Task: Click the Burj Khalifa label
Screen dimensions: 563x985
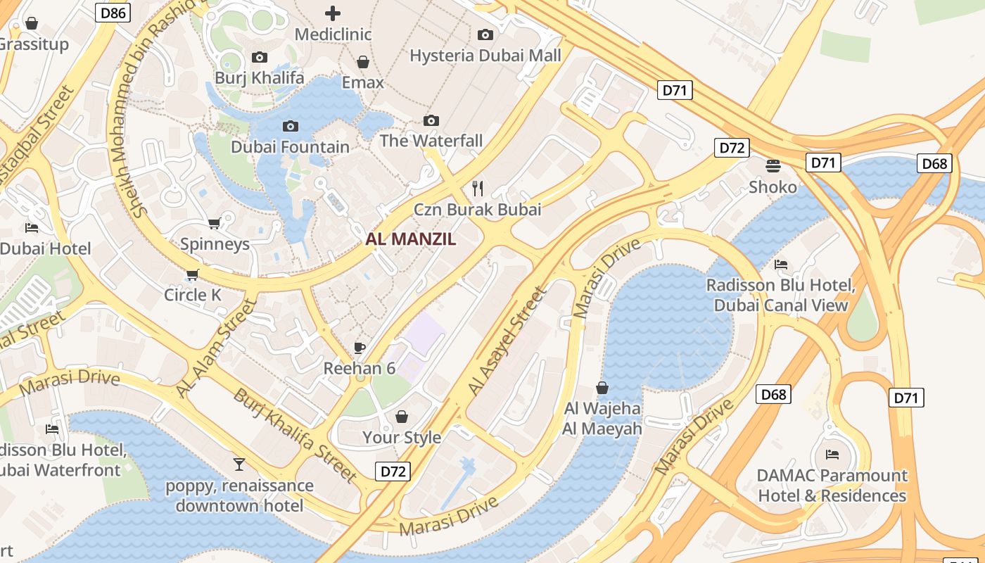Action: [x=260, y=77]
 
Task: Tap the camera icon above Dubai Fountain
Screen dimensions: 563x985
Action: [x=290, y=127]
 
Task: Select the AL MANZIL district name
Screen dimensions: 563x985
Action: [x=411, y=239]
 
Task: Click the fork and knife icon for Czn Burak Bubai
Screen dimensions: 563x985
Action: [x=478, y=188]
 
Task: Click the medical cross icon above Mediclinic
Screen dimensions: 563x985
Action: [x=332, y=13]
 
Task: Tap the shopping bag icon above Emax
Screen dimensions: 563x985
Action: [x=363, y=62]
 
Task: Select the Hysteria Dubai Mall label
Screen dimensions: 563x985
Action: [x=485, y=56]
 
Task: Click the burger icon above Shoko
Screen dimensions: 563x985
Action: [x=773, y=166]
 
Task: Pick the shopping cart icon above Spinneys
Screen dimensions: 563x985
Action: [x=215, y=223]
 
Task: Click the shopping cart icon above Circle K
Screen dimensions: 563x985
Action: [x=193, y=274]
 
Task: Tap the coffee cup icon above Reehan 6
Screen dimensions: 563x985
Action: [x=360, y=348]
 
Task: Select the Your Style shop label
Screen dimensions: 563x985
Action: [x=402, y=437]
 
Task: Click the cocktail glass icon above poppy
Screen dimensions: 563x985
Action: [x=239, y=464]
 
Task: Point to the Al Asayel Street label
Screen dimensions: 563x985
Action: [x=507, y=341]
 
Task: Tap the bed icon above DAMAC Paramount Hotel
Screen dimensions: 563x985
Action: [x=832, y=455]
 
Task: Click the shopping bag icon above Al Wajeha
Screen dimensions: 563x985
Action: [x=602, y=388]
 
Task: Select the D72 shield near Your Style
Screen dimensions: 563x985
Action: [x=392, y=472]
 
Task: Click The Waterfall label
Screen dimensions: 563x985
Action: [x=431, y=141]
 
